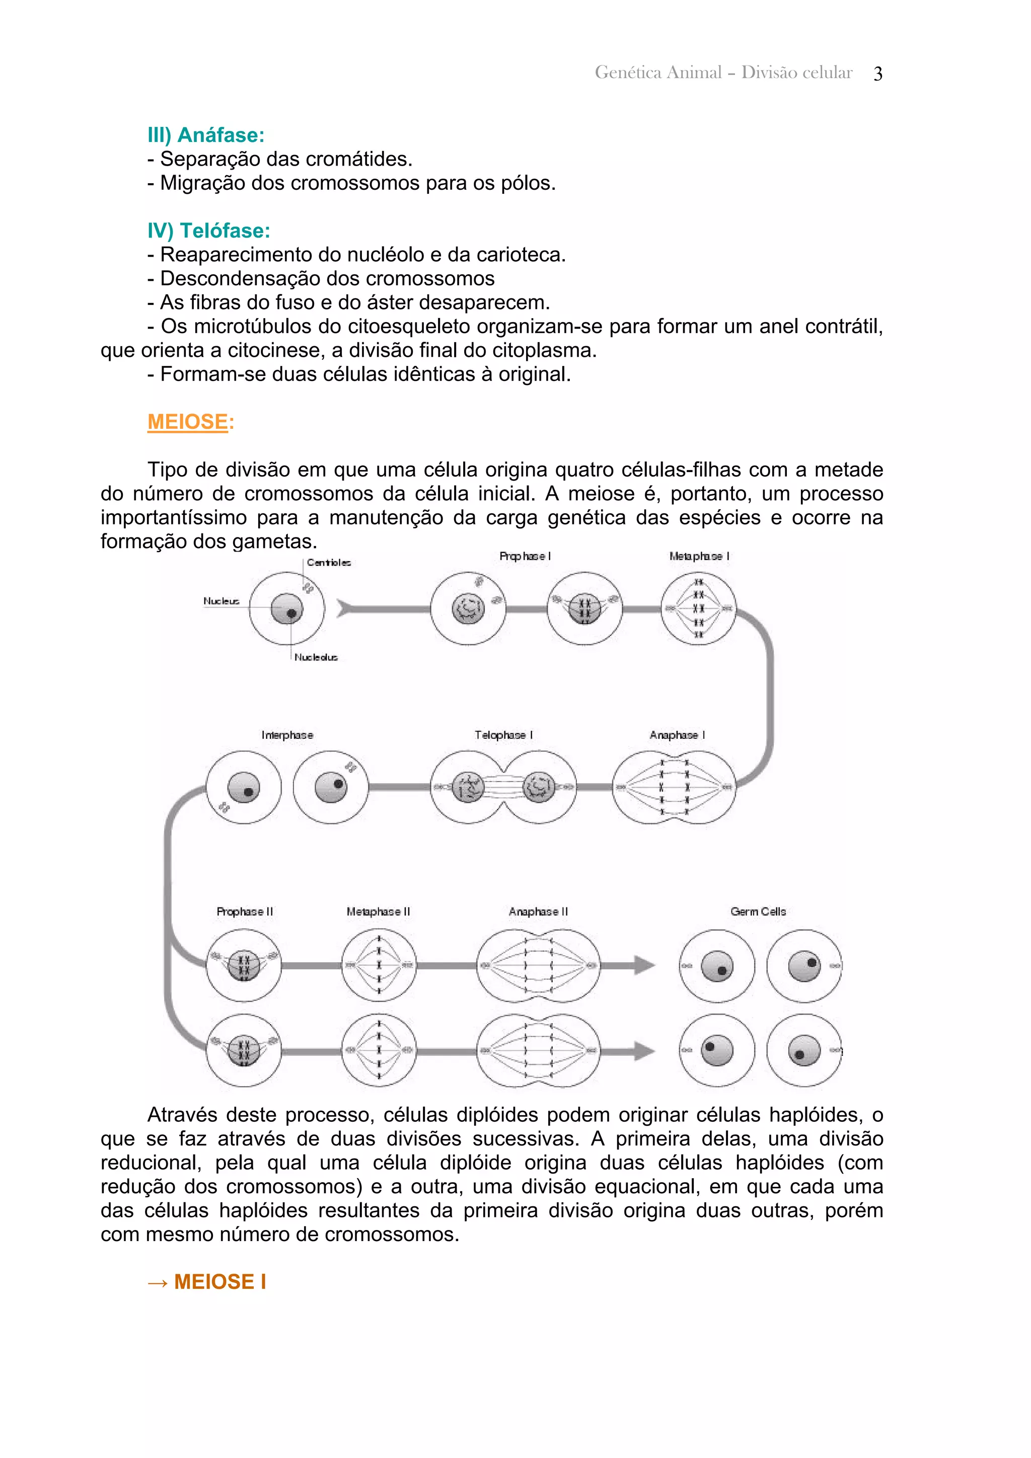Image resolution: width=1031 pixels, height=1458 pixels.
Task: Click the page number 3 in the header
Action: pos(877,73)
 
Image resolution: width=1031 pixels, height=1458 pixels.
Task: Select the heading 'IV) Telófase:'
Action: pos(208,231)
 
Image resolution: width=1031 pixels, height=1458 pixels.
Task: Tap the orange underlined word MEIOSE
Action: pos(187,422)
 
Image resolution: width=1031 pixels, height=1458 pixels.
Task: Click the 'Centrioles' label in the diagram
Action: pos(328,563)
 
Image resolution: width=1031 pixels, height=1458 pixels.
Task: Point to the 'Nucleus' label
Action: pos(221,601)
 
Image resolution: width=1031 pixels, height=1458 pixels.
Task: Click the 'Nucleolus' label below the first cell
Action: pos(316,657)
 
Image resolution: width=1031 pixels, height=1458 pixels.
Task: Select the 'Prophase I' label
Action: pos(525,556)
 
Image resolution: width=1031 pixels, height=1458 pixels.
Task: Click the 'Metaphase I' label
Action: pos(699,556)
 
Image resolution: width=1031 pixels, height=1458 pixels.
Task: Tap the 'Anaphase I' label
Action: pos(677,735)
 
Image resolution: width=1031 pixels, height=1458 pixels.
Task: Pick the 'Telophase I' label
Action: pos(503,735)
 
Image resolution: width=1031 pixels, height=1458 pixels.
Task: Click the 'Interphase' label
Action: pos(287,735)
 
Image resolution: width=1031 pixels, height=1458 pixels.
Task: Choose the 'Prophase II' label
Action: pos(245,911)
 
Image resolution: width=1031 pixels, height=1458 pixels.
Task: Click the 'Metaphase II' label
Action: pos(378,911)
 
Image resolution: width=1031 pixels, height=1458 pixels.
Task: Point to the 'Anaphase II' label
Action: pos(538,911)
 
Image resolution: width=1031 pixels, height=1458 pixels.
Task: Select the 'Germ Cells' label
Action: pos(758,911)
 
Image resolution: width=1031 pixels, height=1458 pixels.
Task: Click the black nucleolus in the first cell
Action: pos(291,613)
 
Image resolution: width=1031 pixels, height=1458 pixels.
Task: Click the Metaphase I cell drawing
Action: pos(698,608)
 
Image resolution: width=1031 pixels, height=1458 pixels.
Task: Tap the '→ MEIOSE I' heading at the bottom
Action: pos(207,1281)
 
